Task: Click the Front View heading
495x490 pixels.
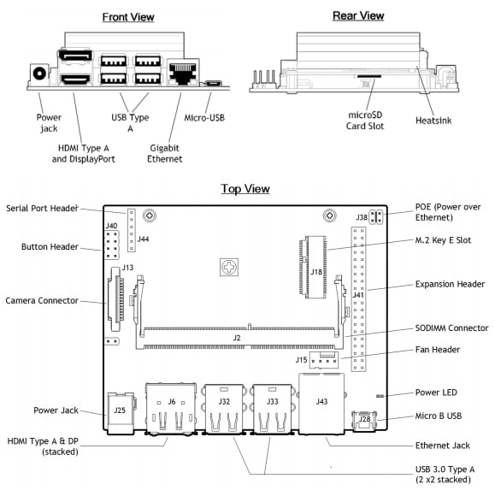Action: point(128,17)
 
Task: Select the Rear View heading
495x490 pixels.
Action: point(358,15)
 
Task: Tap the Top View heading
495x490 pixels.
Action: point(245,189)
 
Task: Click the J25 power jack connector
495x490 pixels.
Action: point(121,413)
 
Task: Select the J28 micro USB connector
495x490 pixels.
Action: point(364,421)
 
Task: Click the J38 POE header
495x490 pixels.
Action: point(375,216)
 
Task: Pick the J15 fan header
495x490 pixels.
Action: point(324,360)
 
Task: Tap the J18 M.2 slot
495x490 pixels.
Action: point(313,267)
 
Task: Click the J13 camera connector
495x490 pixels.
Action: point(115,298)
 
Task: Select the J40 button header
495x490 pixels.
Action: point(112,245)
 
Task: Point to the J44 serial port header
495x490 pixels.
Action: point(132,230)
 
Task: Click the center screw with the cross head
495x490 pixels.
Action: point(229,267)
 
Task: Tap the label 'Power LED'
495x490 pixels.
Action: point(436,393)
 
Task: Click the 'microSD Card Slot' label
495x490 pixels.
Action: point(365,121)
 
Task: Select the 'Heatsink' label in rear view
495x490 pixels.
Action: point(433,121)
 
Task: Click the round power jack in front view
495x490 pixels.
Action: point(39,74)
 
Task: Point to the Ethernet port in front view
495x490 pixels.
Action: point(183,73)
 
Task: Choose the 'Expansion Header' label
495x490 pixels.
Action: point(450,284)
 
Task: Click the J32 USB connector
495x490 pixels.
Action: point(224,409)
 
